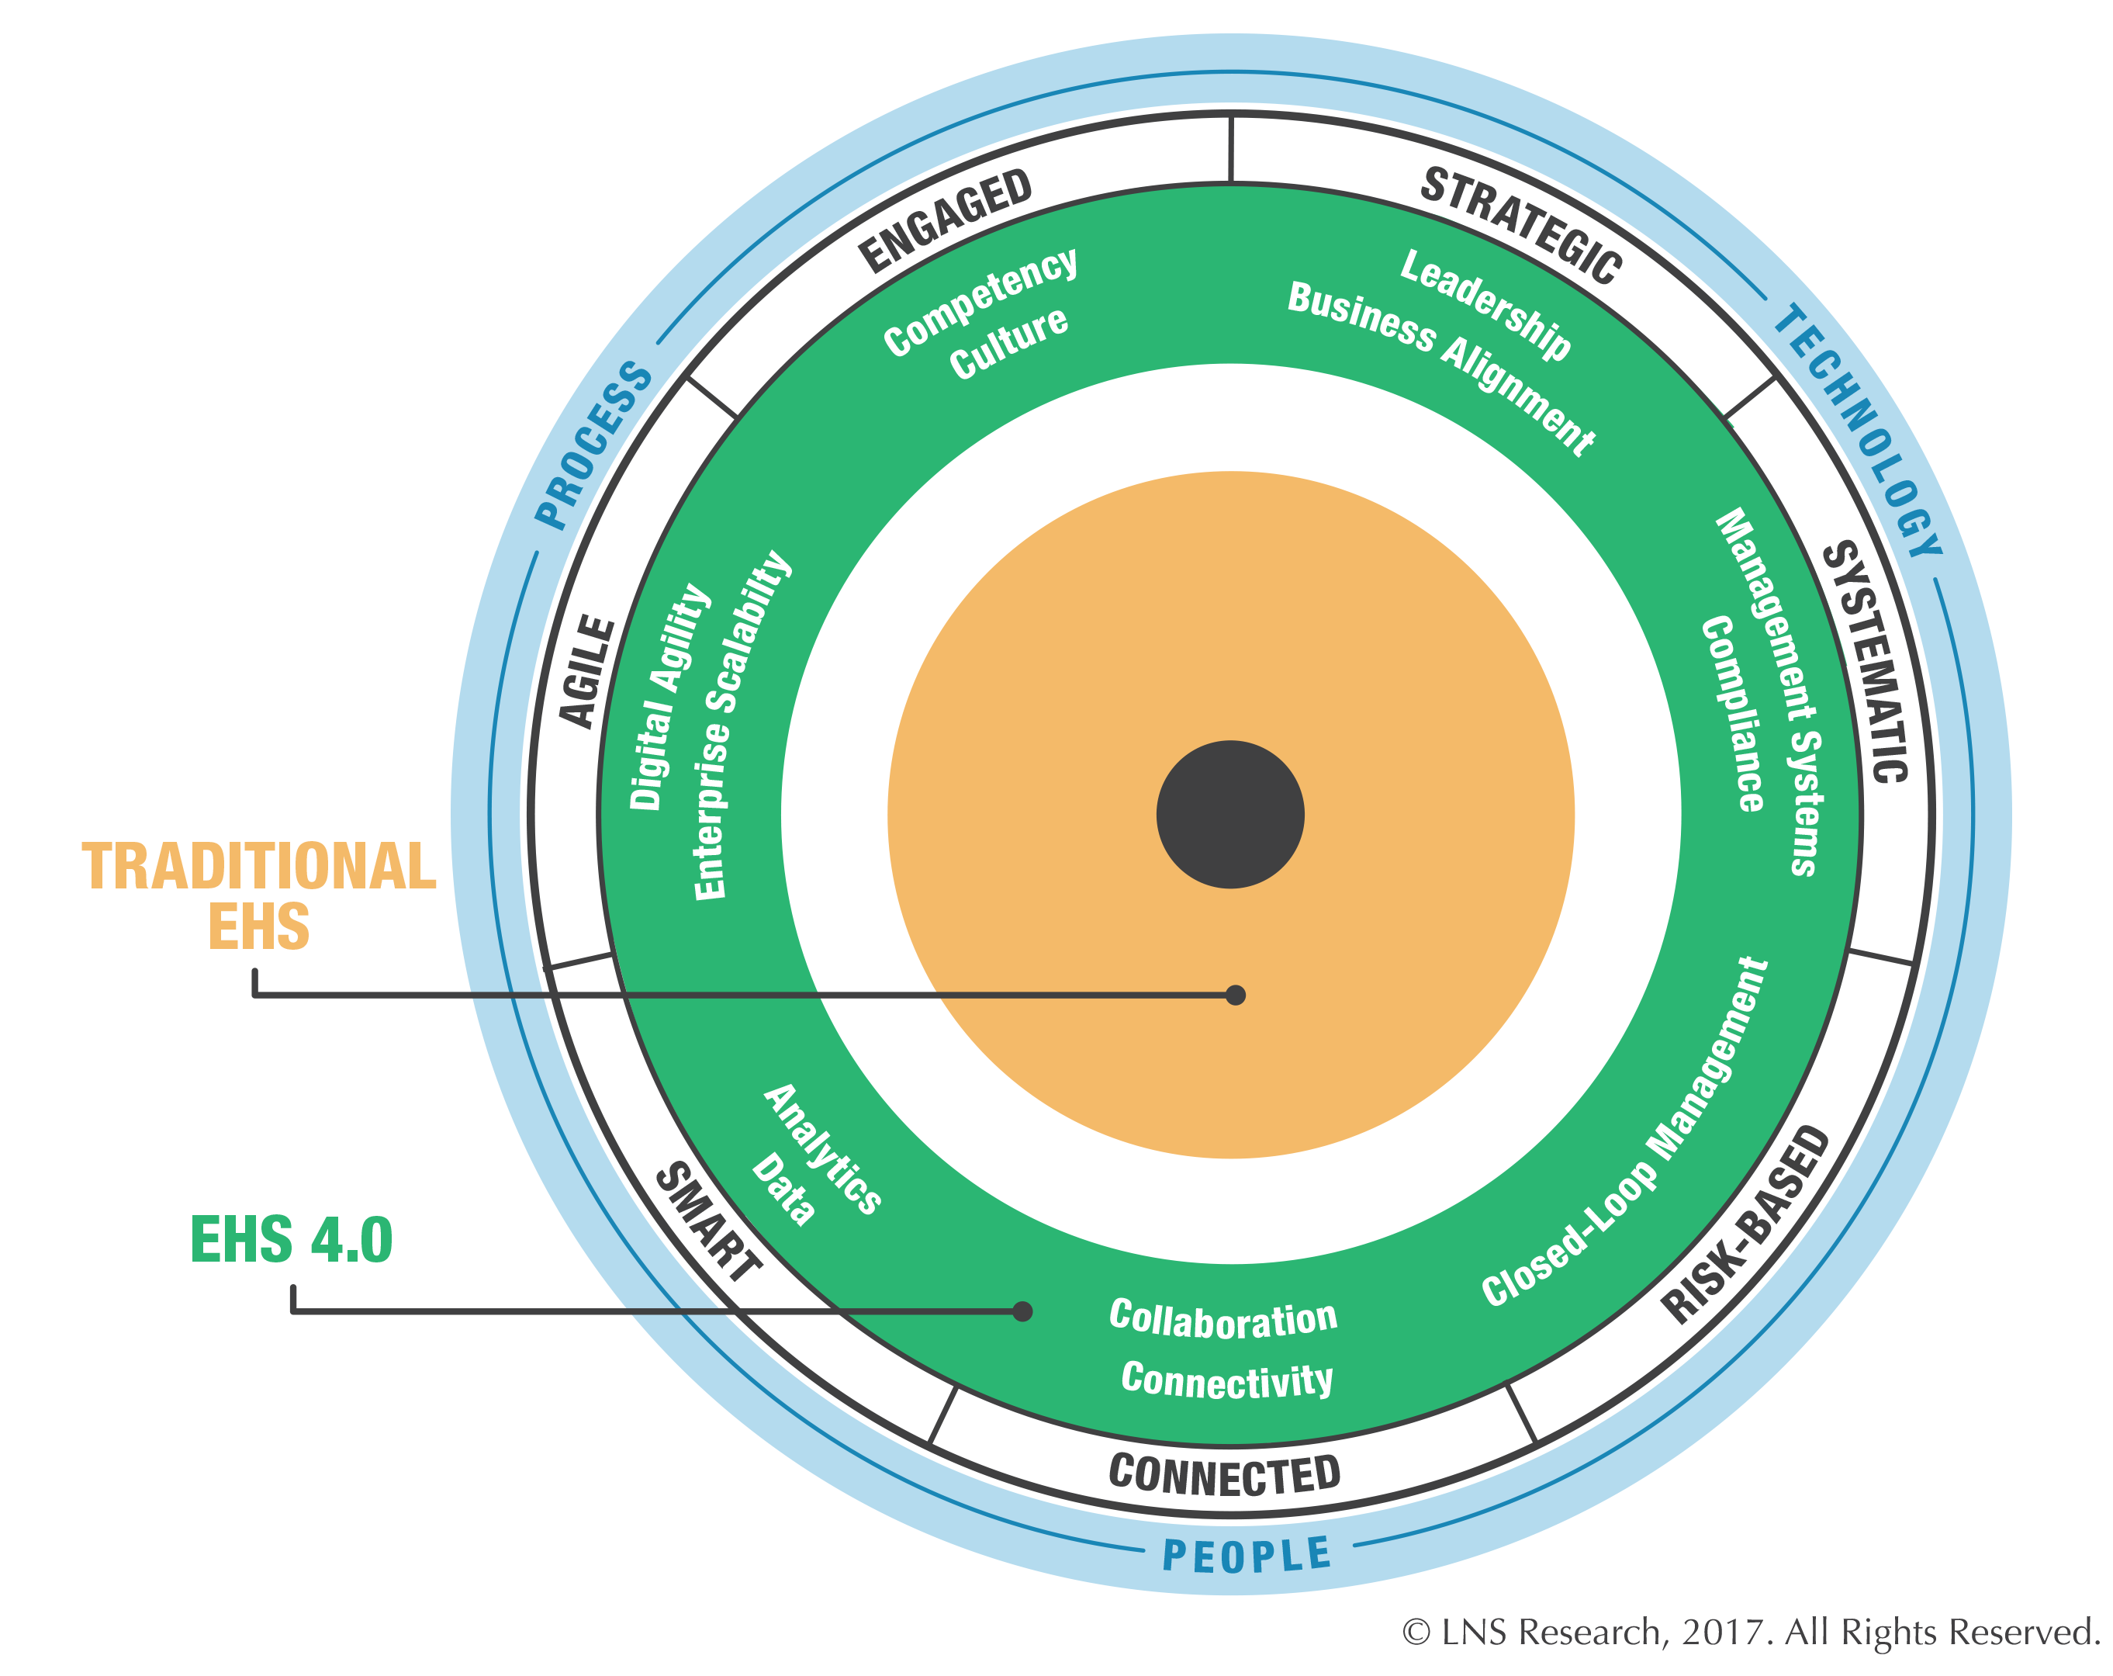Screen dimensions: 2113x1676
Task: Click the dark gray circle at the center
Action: pyautogui.click(x=1230, y=815)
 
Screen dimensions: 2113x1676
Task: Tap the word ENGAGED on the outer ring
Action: pyautogui.click(x=945, y=220)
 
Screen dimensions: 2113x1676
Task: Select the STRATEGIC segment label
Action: pyautogui.click(x=1521, y=226)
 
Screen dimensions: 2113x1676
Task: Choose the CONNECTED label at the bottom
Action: pyautogui.click(x=1224, y=1475)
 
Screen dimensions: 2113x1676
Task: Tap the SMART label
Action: pyautogui.click(x=708, y=1221)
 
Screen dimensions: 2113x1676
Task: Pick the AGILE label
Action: pyautogui.click(x=587, y=671)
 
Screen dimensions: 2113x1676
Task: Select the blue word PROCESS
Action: pyautogui.click(x=593, y=445)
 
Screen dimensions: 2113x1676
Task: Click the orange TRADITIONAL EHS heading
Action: pyautogui.click(x=259, y=895)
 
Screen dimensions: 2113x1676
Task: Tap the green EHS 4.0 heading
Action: pyautogui.click(x=291, y=1239)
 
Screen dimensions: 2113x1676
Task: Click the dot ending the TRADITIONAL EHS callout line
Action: pyautogui.click(x=1236, y=995)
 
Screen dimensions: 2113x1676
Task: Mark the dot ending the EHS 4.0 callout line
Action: pyautogui.click(x=1022, y=1311)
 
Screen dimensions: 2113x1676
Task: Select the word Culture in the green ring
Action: pyautogui.click(x=1008, y=342)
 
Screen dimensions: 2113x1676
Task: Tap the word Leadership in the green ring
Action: pyautogui.click(x=1485, y=304)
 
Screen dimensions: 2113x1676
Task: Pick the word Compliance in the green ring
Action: pyautogui.click(x=1733, y=714)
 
